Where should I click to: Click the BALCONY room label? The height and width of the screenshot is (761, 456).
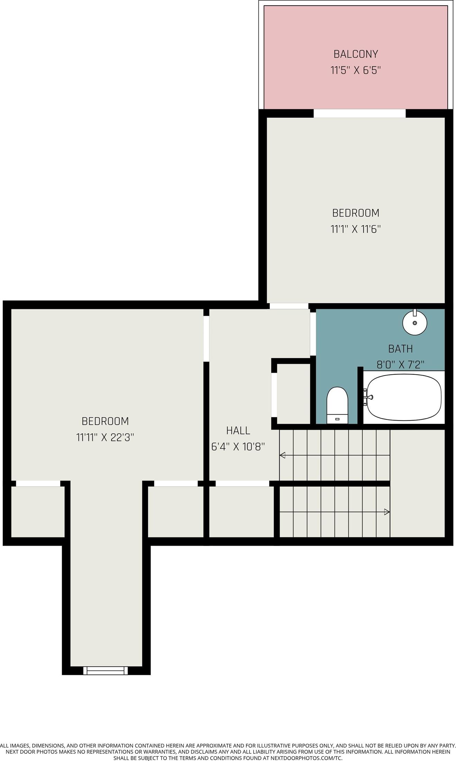click(355, 54)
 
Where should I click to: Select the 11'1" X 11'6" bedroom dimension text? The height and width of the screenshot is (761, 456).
click(355, 229)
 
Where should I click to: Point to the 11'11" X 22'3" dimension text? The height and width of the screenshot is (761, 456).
click(105, 438)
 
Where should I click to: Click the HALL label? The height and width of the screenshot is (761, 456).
click(238, 430)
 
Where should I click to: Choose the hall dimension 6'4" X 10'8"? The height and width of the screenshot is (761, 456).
click(238, 447)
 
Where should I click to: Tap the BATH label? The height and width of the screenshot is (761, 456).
click(400, 349)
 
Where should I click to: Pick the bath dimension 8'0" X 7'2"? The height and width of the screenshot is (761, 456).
click(400, 365)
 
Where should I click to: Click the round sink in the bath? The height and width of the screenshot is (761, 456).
click(414, 322)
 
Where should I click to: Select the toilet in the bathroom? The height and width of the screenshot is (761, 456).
click(337, 405)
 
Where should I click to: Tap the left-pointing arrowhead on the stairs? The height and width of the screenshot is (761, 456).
click(282, 455)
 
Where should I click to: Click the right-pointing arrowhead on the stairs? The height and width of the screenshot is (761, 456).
click(387, 512)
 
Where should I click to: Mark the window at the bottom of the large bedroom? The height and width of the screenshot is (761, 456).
click(106, 670)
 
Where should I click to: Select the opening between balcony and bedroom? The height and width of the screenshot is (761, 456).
click(359, 113)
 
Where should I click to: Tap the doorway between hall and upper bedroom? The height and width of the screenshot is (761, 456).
click(289, 306)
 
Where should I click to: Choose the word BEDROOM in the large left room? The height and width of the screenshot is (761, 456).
click(105, 421)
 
